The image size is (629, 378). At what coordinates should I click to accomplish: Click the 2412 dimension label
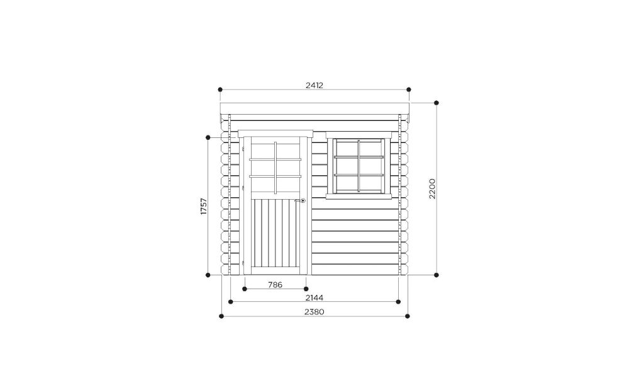(314, 85)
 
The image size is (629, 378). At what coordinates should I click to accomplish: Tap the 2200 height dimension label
(431, 188)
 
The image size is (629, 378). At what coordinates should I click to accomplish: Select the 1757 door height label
(204, 206)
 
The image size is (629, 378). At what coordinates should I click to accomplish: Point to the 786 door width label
(276, 285)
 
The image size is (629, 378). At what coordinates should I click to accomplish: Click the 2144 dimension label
(314, 297)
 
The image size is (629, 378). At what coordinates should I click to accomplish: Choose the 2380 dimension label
(314, 312)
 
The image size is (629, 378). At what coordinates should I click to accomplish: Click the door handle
(301, 200)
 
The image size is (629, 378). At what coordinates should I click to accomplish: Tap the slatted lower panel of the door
(276, 236)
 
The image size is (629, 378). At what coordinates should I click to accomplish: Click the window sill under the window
(359, 197)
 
